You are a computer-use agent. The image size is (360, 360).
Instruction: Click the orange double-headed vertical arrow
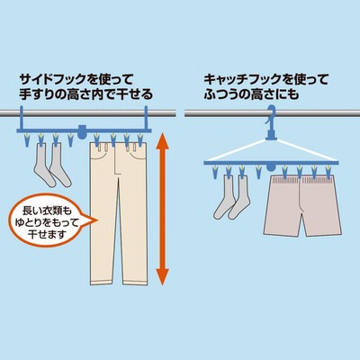[x=162, y=209]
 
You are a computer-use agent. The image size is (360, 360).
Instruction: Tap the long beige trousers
[x=119, y=213]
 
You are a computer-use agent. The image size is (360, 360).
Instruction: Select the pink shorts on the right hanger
[x=303, y=205]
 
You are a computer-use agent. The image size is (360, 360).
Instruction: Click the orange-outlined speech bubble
[x=51, y=221]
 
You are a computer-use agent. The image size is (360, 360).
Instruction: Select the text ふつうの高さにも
[x=251, y=94]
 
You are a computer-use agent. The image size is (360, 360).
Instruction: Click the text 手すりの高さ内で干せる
[x=86, y=94]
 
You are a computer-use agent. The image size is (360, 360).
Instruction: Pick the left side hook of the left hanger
[x=22, y=118]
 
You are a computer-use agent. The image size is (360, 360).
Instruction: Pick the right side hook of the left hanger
[x=147, y=118]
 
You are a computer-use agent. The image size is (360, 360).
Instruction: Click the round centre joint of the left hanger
[x=81, y=131]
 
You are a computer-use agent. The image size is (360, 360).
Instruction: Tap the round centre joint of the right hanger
[x=271, y=166]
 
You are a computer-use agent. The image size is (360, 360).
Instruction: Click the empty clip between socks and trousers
[x=70, y=139]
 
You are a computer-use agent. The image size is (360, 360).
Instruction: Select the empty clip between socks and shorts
[x=258, y=173]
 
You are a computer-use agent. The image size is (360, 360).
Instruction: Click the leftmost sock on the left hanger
[x=43, y=165]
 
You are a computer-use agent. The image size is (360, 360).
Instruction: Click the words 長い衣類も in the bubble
[x=48, y=211]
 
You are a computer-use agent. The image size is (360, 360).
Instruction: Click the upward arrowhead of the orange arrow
[x=162, y=141]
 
